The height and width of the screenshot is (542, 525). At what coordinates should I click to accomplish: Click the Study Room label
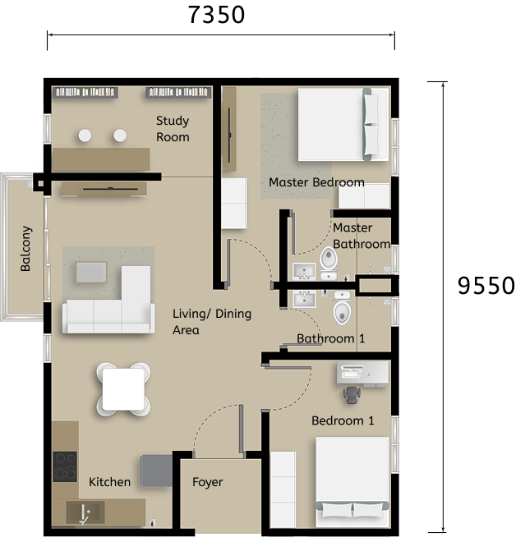pyautogui.click(x=173, y=129)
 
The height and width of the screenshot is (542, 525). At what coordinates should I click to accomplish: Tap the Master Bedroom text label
pyautogui.click(x=316, y=182)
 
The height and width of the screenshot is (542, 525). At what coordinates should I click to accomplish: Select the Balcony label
pyautogui.click(x=26, y=249)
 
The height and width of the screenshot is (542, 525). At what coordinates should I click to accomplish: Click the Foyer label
pyautogui.click(x=207, y=482)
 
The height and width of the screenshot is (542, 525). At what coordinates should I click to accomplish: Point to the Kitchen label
pyautogui.click(x=109, y=482)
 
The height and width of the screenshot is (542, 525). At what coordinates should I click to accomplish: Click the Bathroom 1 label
pyautogui.click(x=331, y=338)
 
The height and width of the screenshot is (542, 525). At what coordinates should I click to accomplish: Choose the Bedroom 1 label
pyautogui.click(x=343, y=420)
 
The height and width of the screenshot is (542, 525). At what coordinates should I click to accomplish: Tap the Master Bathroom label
pyautogui.click(x=361, y=236)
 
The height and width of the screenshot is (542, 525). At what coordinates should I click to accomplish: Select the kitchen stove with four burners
pyautogui.click(x=64, y=466)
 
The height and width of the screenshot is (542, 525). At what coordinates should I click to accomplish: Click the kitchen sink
pyautogui.click(x=83, y=514)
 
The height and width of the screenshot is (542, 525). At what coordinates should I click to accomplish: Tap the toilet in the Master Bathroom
pyautogui.click(x=329, y=260)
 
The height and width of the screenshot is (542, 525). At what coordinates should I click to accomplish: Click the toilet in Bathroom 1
pyautogui.click(x=342, y=312)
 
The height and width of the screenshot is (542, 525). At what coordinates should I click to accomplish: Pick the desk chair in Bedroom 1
pyautogui.click(x=351, y=394)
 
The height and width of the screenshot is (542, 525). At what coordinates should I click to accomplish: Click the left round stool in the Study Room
pyautogui.click(x=85, y=135)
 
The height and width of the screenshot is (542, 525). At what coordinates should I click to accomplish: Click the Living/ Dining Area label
pyautogui.click(x=212, y=322)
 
